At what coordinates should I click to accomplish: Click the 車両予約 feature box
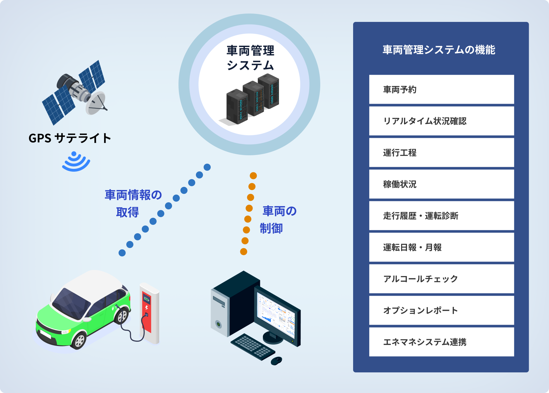click(x=441, y=90)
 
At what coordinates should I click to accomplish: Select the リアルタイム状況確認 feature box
click(x=441, y=121)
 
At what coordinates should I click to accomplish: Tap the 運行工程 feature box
click(x=441, y=153)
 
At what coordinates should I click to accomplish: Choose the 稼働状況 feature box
click(x=441, y=184)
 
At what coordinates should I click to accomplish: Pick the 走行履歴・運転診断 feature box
click(x=441, y=216)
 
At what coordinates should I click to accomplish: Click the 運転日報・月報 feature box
click(x=441, y=247)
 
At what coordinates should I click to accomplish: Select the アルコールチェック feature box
click(x=441, y=279)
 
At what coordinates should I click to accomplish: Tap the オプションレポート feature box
click(x=441, y=311)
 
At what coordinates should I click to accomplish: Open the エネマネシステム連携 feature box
click(x=441, y=342)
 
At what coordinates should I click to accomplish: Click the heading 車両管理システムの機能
click(x=439, y=50)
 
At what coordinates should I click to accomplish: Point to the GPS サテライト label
click(x=70, y=138)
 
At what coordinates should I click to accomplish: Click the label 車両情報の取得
click(x=133, y=203)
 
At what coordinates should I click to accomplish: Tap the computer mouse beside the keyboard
click(x=276, y=360)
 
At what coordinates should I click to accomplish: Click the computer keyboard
click(x=253, y=347)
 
